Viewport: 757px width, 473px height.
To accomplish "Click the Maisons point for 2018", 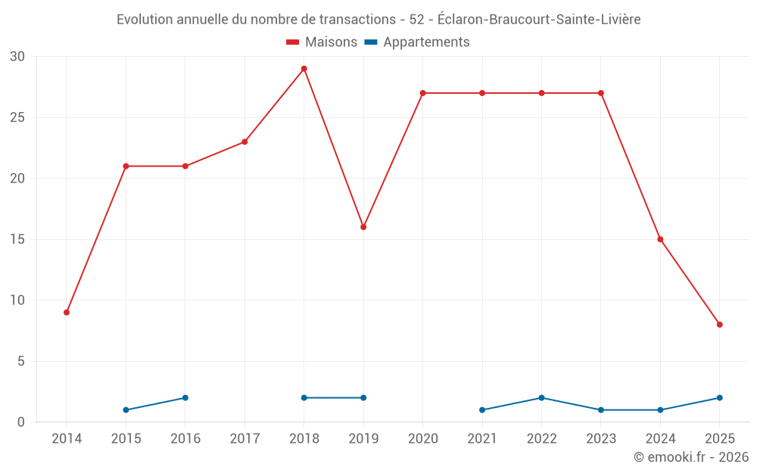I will [x=304, y=69].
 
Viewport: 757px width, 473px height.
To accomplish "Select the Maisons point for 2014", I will [x=67, y=313].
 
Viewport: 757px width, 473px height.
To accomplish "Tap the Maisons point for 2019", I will [x=363, y=227].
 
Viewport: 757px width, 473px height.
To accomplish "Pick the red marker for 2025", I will [x=720, y=325].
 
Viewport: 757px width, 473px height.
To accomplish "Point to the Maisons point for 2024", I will [x=660, y=239].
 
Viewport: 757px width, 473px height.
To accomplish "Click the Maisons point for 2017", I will [x=245, y=142].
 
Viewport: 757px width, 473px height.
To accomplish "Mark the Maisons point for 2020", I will [x=422, y=93].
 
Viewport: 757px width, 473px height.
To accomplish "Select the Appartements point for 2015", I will [x=126, y=410].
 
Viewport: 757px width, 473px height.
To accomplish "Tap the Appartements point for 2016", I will [x=185, y=398].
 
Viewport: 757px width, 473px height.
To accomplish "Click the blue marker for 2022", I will [x=541, y=398].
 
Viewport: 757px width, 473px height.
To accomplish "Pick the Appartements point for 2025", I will [x=720, y=398].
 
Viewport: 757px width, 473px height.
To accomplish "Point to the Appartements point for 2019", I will [x=363, y=398].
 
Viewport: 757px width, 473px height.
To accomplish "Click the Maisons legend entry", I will [x=322, y=42].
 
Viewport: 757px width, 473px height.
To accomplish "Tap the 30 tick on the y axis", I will [x=17, y=57].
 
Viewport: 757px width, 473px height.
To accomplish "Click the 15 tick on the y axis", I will [x=17, y=240].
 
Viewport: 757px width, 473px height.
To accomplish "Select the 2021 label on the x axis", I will [x=482, y=439].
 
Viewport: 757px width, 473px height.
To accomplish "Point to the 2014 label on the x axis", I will [x=67, y=439].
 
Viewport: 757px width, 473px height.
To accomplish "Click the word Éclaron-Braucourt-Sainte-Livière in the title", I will [x=539, y=20].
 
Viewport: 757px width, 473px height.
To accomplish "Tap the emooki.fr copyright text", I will [x=691, y=457].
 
